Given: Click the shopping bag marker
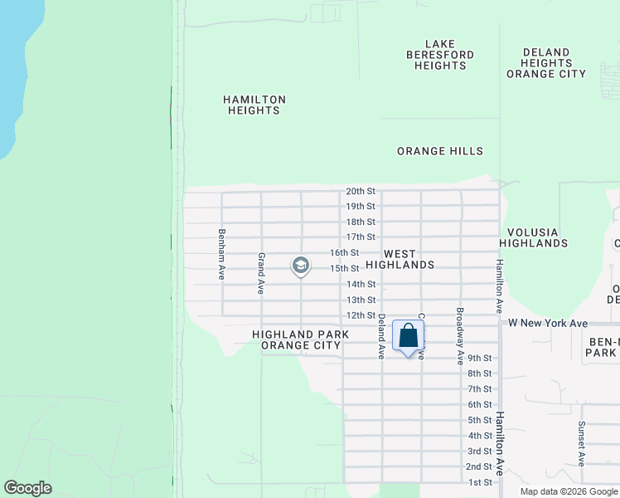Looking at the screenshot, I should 408,337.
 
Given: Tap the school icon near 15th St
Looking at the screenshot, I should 300,266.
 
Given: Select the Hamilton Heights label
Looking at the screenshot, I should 254,105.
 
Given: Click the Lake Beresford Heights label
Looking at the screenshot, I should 439,55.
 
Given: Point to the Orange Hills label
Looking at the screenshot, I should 439,151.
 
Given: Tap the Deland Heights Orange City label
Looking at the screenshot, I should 546,63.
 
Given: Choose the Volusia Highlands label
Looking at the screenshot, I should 534,237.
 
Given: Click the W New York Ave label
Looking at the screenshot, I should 548,323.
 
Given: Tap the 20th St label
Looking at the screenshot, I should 361,191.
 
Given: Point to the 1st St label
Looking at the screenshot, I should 480,482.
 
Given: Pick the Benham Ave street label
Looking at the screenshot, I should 221,254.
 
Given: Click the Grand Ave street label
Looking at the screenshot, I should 260,274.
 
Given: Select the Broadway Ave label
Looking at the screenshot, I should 459,336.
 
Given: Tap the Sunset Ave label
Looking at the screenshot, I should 581,447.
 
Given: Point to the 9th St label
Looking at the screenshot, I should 480,358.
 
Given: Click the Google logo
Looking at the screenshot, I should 27,488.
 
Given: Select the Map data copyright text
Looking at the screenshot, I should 569,491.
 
